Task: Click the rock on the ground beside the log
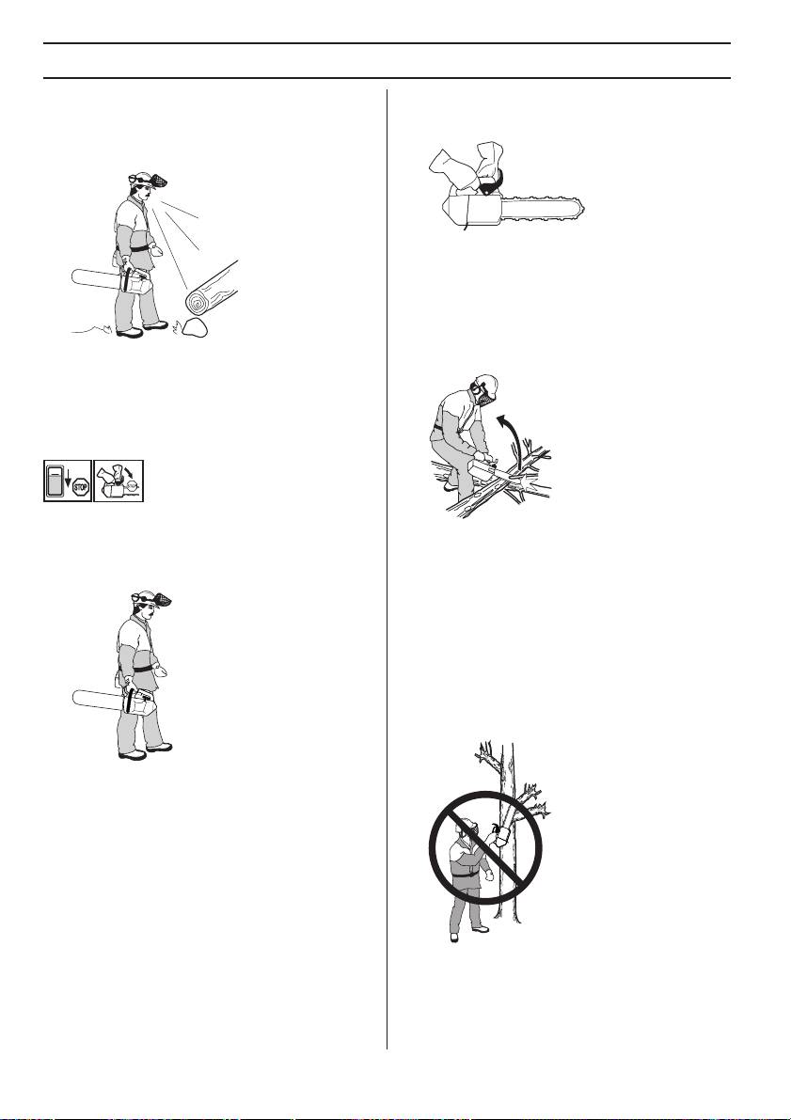tap(196, 328)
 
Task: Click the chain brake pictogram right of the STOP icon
tap(119, 480)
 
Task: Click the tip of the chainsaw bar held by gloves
tap(582, 208)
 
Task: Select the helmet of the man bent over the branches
tap(488, 385)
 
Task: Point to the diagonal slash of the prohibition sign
tap(485, 847)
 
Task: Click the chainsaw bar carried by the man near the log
tap(97, 279)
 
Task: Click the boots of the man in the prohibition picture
tap(468, 933)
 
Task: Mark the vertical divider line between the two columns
tap(388, 569)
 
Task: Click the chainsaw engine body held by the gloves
tap(470, 210)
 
